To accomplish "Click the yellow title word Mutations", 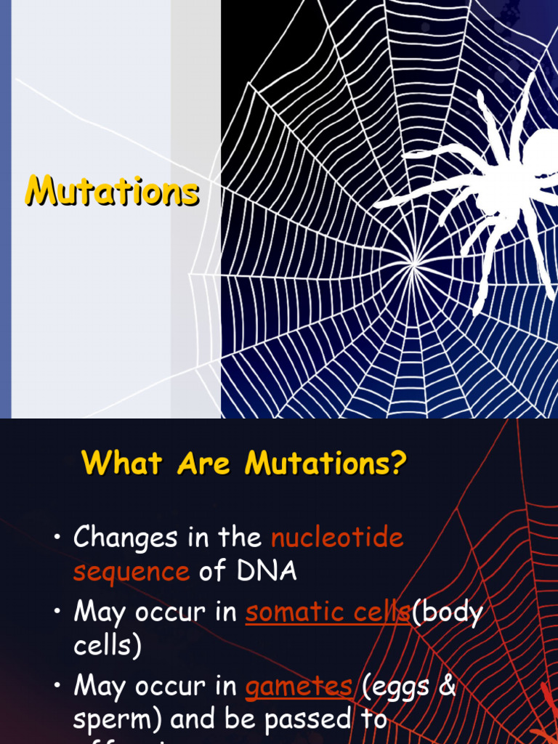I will (112, 192).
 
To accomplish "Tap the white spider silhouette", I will (501, 189).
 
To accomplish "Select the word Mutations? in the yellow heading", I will (325, 462).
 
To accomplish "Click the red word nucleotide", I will (337, 538).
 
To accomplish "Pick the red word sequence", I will (132, 572).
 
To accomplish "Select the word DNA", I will (265, 571).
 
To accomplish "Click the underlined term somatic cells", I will (328, 612).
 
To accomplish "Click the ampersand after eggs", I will (447, 686).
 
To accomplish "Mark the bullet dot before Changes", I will (57, 538).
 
